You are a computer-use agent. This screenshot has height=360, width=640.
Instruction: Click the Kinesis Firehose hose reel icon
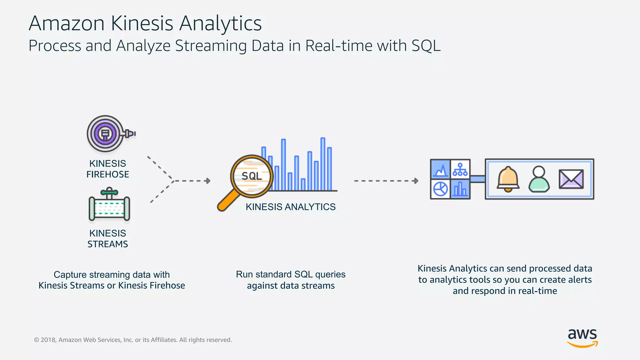coord(106,134)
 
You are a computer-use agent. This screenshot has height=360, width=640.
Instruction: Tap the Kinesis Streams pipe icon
coord(109,206)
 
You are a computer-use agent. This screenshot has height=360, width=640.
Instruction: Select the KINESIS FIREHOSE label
coord(107,169)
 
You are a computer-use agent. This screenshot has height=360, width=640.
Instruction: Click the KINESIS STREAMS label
coord(107,238)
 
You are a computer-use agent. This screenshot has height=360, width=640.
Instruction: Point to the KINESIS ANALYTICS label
coord(290,207)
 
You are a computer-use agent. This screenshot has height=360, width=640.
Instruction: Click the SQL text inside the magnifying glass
coord(252,176)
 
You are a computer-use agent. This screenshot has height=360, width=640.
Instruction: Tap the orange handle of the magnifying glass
coord(228,202)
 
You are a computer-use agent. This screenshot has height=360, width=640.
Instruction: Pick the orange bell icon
coord(508,179)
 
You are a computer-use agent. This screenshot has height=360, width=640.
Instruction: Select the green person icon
coord(539,179)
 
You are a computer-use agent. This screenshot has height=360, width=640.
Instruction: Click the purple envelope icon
coord(571,179)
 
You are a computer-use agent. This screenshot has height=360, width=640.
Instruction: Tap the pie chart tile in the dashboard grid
coord(440,189)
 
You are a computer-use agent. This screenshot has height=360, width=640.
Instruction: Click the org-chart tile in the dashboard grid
coord(460,169)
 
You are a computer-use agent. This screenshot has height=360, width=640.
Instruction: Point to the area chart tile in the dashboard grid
coord(440,169)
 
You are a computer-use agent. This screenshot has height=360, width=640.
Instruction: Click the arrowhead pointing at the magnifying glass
coord(208,181)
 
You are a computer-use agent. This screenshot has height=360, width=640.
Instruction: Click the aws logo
coord(582,337)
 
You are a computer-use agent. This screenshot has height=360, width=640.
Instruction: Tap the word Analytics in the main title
coord(220,24)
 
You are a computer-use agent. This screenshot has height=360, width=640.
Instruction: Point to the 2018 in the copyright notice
coord(48,340)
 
